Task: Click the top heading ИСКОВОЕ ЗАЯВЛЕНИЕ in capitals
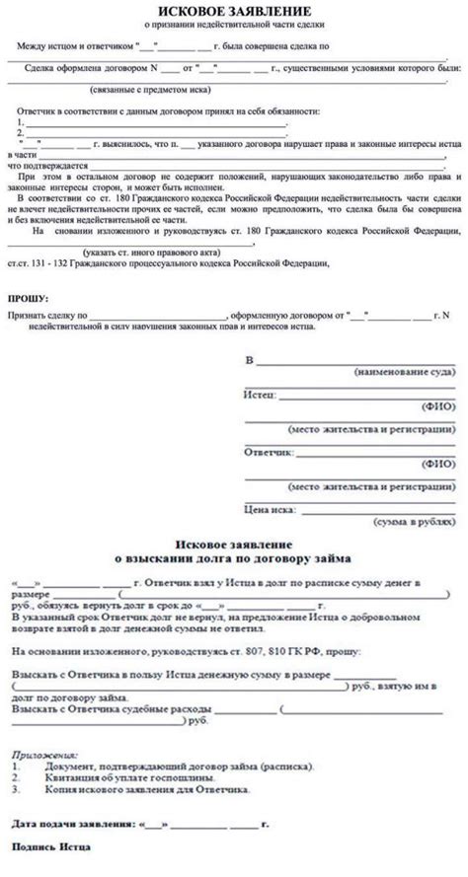coord(234,9)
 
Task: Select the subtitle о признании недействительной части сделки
coord(233,24)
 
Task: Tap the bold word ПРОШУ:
coord(28,297)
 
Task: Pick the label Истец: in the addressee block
coord(258,393)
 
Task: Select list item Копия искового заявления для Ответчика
coord(147,790)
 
